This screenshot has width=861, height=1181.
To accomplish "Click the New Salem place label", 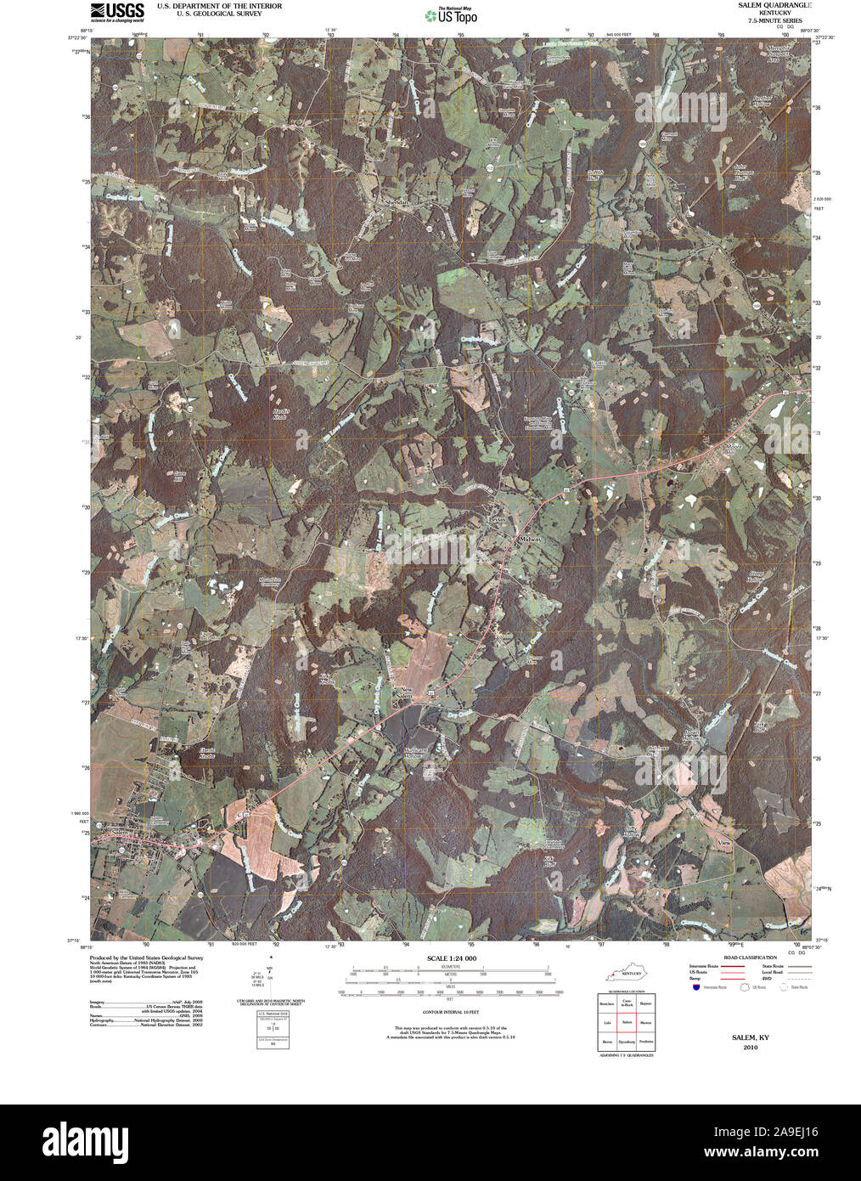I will (405, 692).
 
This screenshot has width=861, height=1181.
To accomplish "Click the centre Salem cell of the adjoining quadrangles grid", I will (627, 1022).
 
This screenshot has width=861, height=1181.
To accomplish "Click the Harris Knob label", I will (281, 414).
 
